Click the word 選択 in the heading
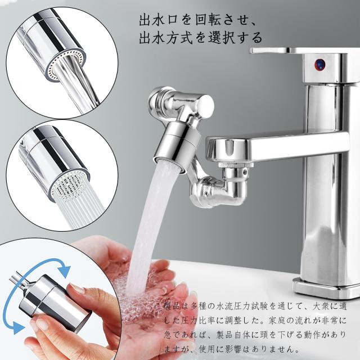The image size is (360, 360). (x=216, y=39)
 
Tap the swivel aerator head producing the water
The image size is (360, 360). (x=177, y=145)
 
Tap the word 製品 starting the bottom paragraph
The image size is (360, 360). (x=173, y=305)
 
